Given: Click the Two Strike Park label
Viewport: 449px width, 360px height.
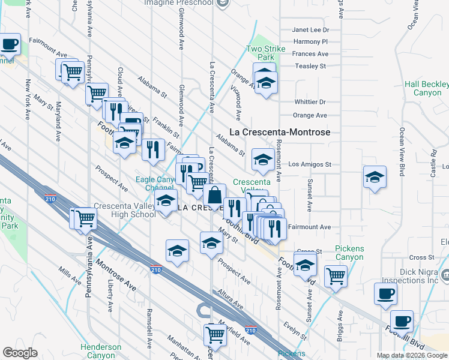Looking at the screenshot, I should pyautogui.click(x=262, y=53).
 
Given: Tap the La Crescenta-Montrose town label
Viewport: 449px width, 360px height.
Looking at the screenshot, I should pyautogui.click(x=281, y=132).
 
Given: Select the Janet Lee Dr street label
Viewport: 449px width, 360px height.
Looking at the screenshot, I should pyautogui.click(x=310, y=29).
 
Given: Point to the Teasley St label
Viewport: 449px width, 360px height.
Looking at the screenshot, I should pyautogui.click(x=310, y=66).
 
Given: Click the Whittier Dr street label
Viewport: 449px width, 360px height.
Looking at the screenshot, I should pyautogui.click(x=310, y=102).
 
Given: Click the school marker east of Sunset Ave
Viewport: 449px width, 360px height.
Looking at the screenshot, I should pyautogui.click(x=375, y=177).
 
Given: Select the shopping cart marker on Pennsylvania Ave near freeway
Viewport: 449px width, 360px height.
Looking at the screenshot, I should pyautogui.click(x=85, y=218).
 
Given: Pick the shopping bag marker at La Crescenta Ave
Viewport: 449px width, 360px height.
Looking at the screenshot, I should pyautogui.click(x=214, y=195).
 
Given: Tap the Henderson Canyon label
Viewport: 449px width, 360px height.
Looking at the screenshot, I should pyautogui.click(x=101, y=351).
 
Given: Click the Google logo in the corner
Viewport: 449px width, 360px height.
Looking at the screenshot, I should pyautogui.click(x=20, y=353).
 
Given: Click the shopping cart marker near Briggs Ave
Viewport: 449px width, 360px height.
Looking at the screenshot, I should pyautogui.click(x=336, y=275).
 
